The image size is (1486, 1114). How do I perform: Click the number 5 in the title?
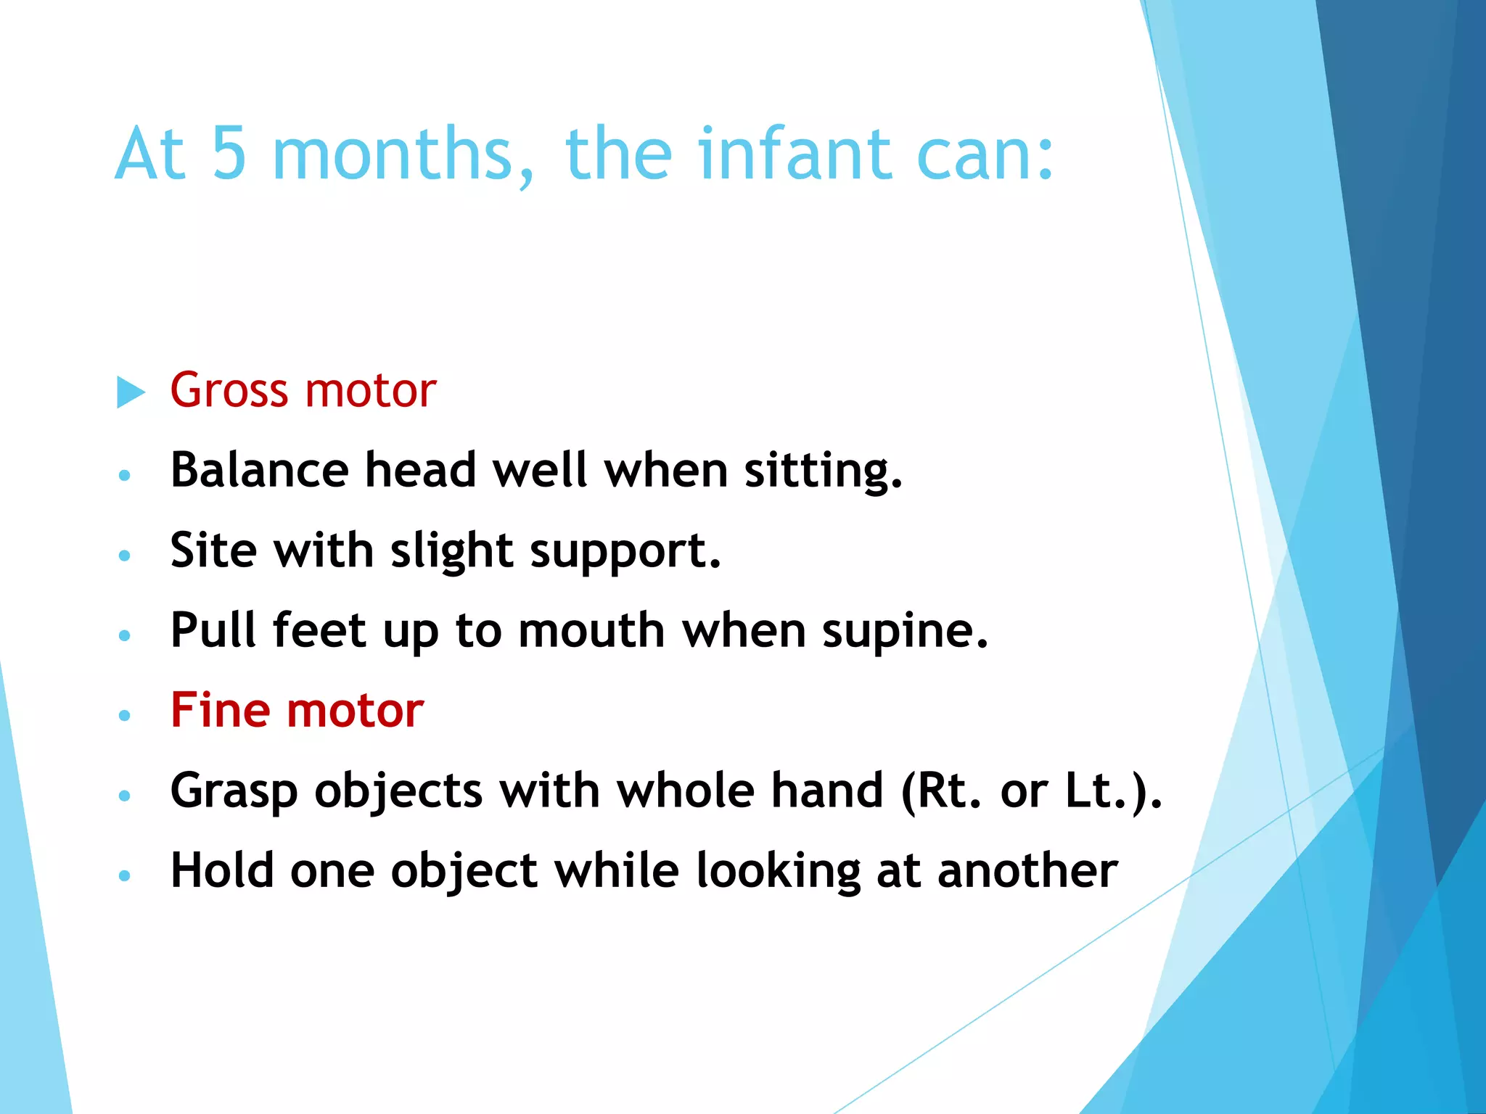(229, 154)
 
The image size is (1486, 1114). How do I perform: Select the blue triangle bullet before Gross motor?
(131, 392)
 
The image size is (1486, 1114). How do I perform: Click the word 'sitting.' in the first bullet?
(824, 471)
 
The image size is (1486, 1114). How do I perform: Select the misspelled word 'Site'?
(213, 550)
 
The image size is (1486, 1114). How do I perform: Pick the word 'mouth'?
(591, 630)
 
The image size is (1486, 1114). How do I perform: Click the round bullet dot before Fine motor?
(125, 715)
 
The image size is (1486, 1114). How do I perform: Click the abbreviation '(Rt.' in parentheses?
(940, 791)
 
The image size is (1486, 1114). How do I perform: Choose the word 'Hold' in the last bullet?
(222, 870)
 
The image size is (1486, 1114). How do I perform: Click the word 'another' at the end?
(1027, 870)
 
